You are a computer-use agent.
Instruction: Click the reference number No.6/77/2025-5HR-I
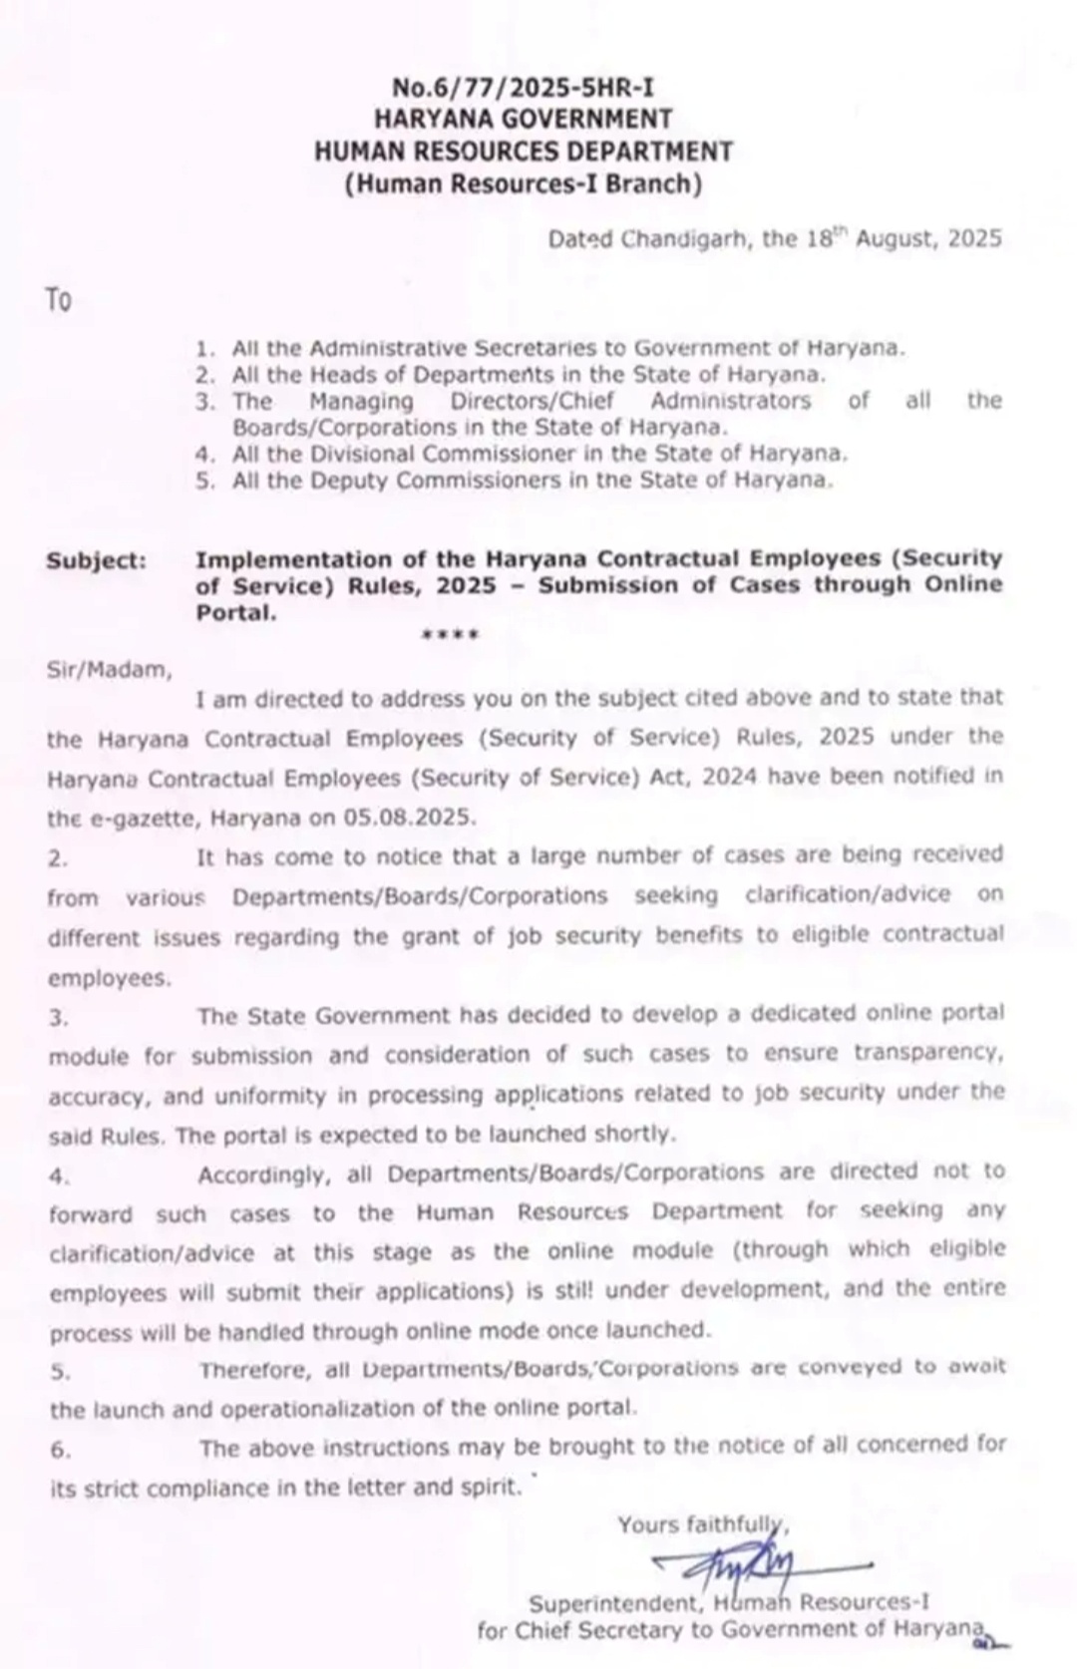pos(524,88)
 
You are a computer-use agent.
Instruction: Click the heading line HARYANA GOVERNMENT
pos(524,120)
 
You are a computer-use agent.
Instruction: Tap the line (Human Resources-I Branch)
pos(524,184)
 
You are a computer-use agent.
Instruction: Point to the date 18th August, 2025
pos(903,238)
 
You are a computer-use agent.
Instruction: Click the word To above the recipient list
pos(59,300)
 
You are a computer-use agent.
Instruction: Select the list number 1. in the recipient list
pos(205,349)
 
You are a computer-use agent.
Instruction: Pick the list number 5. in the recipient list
pos(205,481)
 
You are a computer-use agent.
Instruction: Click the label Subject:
pos(96,560)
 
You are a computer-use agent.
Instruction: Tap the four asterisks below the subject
pos(450,634)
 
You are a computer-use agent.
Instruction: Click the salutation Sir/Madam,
pos(110,670)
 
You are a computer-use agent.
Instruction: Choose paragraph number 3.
pos(59,1018)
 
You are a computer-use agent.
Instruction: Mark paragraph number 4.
pos(59,1176)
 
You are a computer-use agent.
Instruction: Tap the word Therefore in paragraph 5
pos(255,1370)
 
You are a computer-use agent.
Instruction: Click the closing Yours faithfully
pos(702,1524)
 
